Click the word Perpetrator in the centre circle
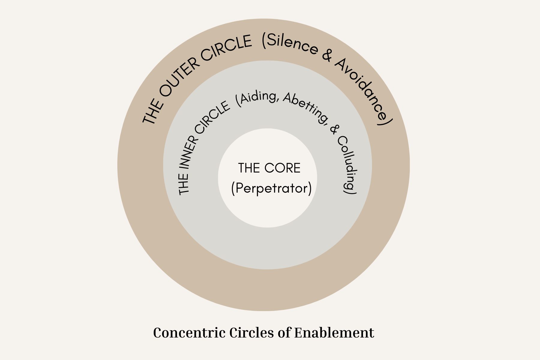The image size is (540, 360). pyautogui.click(x=271, y=188)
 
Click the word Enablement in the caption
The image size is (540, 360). pyautogui.click(x=334, y=333)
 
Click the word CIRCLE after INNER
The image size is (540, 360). pyautogui.click(x=211, y=118)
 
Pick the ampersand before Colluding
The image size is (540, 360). pyautogui.click(x=334, y=129)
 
